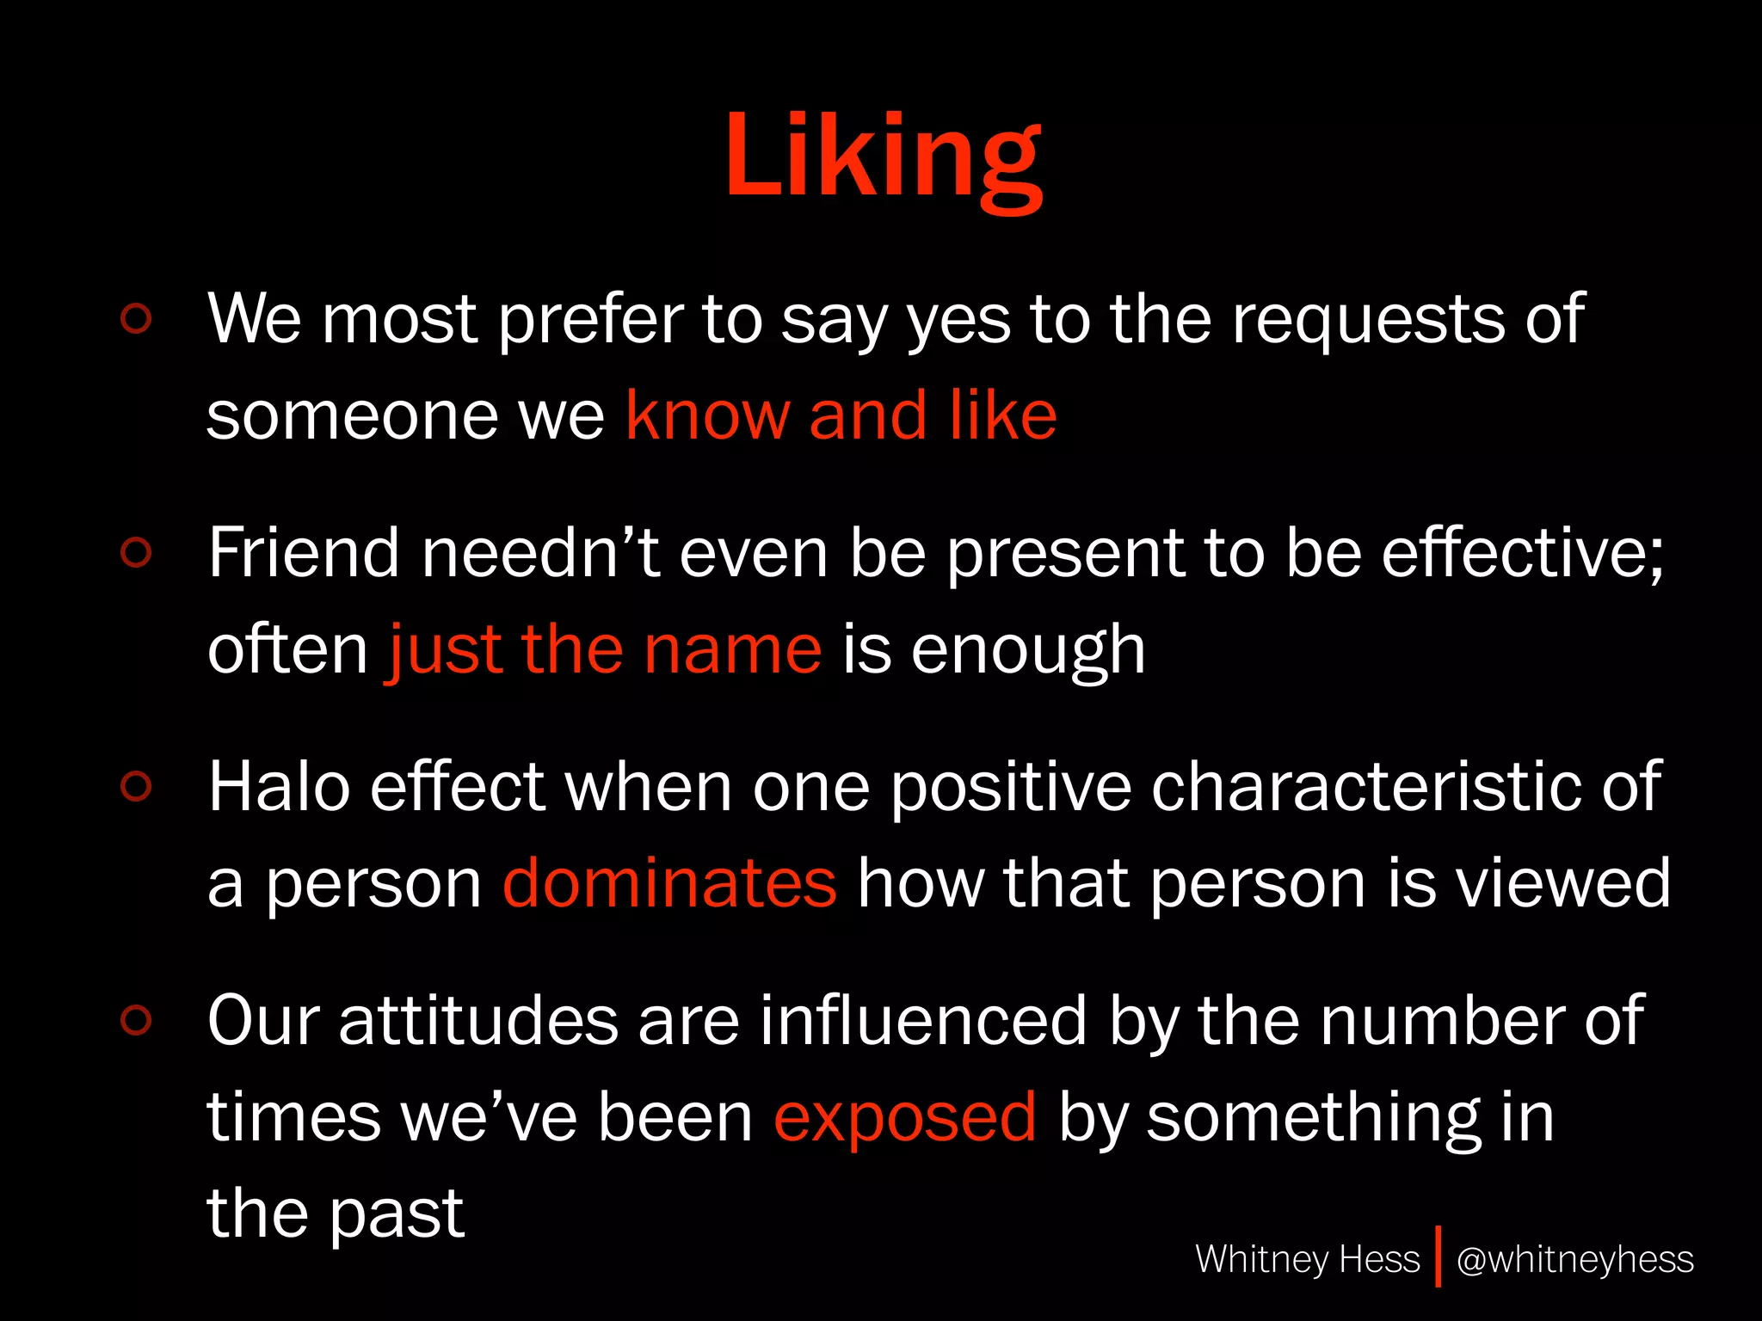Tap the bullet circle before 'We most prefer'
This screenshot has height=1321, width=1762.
click(137, 318)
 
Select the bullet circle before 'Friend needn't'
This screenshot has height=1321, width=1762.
click(137, 552)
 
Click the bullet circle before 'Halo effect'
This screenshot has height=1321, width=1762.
click(137, 786)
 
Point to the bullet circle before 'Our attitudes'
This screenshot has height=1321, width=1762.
click(137, 1020)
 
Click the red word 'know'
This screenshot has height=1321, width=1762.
click(706, 416)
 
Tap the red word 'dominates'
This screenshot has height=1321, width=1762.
click(669, 884)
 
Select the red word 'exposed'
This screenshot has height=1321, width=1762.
click(905, 1118)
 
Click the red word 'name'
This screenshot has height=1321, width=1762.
click(733, 650)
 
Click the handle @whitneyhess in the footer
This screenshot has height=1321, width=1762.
click(1574, 1260)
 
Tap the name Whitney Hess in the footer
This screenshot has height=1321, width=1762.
click(1307, 1260)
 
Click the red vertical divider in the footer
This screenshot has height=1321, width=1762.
click(1438, 1256)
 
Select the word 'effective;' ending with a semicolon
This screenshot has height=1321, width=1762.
click(1523, 554)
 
